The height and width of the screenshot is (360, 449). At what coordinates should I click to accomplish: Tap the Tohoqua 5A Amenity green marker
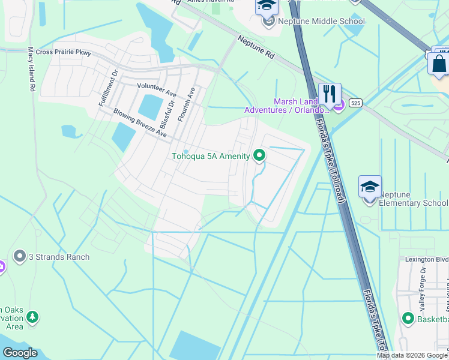coord(259,156)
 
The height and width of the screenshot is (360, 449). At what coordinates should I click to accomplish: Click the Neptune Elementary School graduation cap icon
coord(370,187)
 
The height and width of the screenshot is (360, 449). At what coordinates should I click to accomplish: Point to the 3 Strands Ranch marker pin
coord(19,257)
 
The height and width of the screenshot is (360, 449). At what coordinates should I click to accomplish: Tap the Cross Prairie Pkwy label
coord(64,53)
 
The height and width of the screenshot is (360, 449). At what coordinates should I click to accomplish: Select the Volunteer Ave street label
coord(157,90)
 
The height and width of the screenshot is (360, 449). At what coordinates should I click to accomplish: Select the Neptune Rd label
coord(256,47)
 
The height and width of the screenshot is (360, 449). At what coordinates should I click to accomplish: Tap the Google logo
coord(20,353)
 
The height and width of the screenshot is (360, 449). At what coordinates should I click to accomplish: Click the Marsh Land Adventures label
coord(286,106)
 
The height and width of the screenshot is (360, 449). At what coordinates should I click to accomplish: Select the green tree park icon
coord(32,316)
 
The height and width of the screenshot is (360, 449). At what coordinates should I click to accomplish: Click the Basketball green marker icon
coord(408,318)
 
